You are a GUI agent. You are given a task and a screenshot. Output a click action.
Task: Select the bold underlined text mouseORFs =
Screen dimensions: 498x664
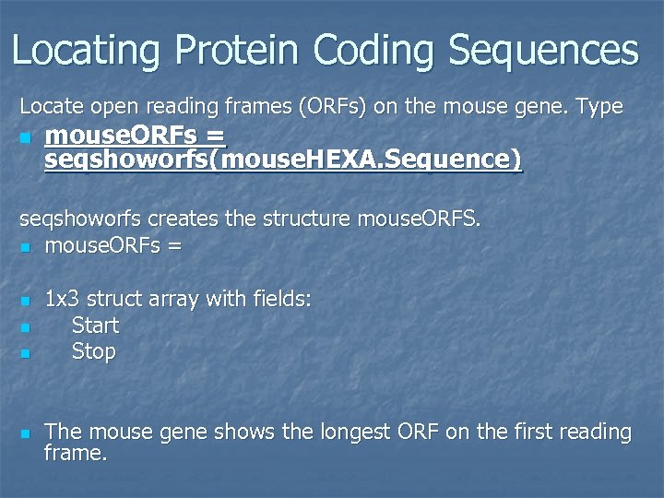point(135,136)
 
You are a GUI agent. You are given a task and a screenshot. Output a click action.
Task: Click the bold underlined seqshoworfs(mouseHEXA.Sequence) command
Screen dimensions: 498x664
point(282,161)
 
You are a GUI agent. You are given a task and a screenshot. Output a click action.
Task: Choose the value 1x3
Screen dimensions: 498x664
point(63,300)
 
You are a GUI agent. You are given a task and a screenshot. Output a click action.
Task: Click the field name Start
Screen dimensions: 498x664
point(95,326)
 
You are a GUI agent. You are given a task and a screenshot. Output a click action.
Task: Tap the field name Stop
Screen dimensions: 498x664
point(93,351)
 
